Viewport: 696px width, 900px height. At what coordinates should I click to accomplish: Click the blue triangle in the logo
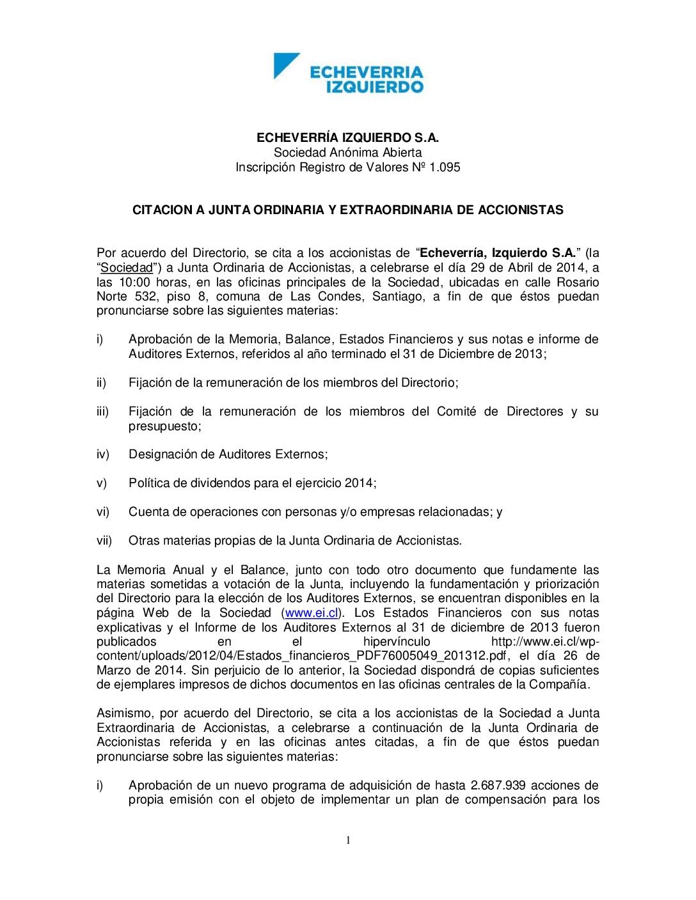(x=283, y=63)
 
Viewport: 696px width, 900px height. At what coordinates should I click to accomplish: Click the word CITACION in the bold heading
(x=162, y=210)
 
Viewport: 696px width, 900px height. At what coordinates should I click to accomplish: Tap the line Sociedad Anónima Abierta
(x=347, y=153)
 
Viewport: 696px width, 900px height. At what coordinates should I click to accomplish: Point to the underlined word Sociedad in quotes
(x=127, y=268)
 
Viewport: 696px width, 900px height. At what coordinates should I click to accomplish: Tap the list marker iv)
(x=103, y=454)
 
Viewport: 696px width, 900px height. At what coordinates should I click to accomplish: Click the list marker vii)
(x=104, y=541)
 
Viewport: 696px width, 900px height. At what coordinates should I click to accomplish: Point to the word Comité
(x=456, y=412)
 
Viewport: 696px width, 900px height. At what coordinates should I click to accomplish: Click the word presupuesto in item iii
(x=164, y=426)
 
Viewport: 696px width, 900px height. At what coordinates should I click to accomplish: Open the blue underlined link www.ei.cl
(x=312, y=613)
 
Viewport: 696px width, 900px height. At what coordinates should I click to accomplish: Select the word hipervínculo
(x=397, y=642)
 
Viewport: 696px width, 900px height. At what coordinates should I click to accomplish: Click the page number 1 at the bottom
(x=348, y=841)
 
